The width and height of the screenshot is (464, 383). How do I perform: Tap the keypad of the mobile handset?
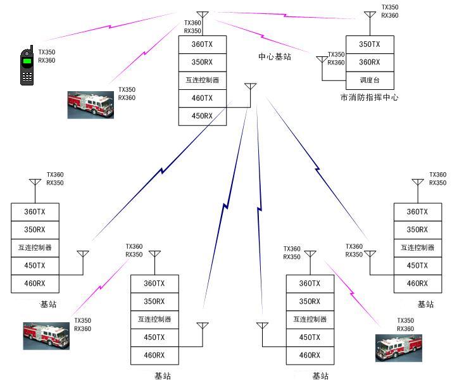coord(27,77)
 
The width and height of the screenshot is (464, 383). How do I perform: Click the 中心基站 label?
coord(275,57)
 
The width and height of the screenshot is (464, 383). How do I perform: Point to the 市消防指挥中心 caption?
coord(369,97)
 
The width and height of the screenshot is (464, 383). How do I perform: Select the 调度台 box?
coord(370,80)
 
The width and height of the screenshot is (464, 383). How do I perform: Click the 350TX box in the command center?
coord(370,44)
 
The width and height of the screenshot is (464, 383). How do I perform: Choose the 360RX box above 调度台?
coord(370,62)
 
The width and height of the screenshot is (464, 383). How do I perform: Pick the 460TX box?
coord(202,98)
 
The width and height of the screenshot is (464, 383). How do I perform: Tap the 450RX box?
coord(202,116)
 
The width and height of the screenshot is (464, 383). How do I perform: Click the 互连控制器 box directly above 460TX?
coord(202,80)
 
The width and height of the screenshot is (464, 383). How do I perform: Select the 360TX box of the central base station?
coord(202,44)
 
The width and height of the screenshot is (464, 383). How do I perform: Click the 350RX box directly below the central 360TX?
coord(202,62)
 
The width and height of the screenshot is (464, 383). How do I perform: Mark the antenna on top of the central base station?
coord(202,16)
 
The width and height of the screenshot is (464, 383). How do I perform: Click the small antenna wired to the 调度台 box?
coord(322,61)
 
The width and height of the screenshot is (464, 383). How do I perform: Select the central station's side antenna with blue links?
coord(250,88)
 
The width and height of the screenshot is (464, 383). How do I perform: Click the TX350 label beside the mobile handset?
coord(47,52)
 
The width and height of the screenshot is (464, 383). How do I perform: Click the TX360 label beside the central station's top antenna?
coord(192,23)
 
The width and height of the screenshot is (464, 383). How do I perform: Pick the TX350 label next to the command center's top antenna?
coord(390,7)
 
